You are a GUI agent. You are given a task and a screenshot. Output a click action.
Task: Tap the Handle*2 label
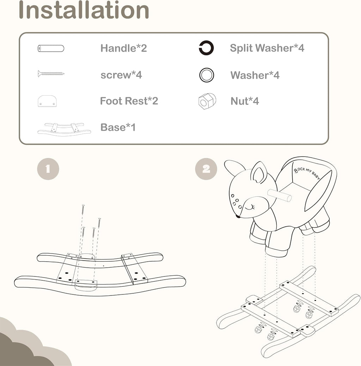(x=124, y=48)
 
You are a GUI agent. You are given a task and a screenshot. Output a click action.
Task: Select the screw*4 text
(x=121, y=75)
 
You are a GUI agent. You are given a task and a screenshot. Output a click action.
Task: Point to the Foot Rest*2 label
(x=129, y=101)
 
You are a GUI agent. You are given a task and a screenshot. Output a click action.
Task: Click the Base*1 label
(x=118, y=127)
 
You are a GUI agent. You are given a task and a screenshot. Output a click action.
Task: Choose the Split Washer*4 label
(x=267, y=48)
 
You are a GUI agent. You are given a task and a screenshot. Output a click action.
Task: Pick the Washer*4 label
(x=255, y=75)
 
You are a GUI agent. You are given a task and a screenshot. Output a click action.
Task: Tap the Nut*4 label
(x=245, y=101)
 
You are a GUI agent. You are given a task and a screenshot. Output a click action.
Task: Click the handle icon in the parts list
(x=51, y=49)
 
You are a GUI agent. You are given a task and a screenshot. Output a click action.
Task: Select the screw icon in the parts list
(x=51, y=74)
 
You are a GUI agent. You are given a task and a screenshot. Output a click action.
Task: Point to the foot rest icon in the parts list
(x=47, y=101)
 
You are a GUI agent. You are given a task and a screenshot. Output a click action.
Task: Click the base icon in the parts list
(x=64, y=129)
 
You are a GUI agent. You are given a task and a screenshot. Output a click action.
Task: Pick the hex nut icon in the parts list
(x=207, y=101)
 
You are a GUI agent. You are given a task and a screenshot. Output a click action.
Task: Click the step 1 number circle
(x=48, y=169)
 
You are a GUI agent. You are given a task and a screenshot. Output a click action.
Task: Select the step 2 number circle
(x=206, y=169)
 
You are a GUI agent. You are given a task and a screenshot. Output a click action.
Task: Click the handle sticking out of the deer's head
(x=279, y=195)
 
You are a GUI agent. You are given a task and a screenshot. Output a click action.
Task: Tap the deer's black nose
(x=238, y=216)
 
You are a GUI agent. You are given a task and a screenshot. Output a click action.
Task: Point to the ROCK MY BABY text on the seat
(x=307, y=173)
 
